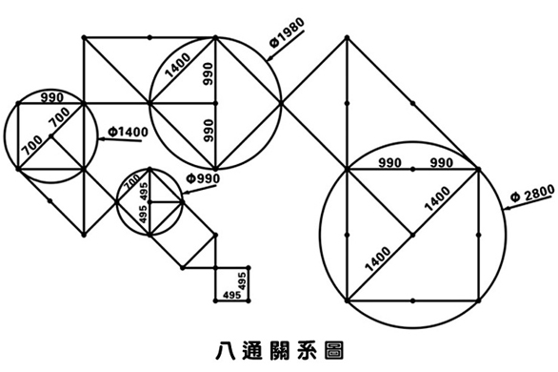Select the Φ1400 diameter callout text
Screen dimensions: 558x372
click(127, 130)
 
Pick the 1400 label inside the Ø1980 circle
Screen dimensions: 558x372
click(177, 66)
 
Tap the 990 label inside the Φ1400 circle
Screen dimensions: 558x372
click(51, 96)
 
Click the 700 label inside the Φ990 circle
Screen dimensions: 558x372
click(132, 177)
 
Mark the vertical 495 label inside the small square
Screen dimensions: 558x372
click(242, 282)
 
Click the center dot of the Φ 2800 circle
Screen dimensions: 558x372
click(412, 234)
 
